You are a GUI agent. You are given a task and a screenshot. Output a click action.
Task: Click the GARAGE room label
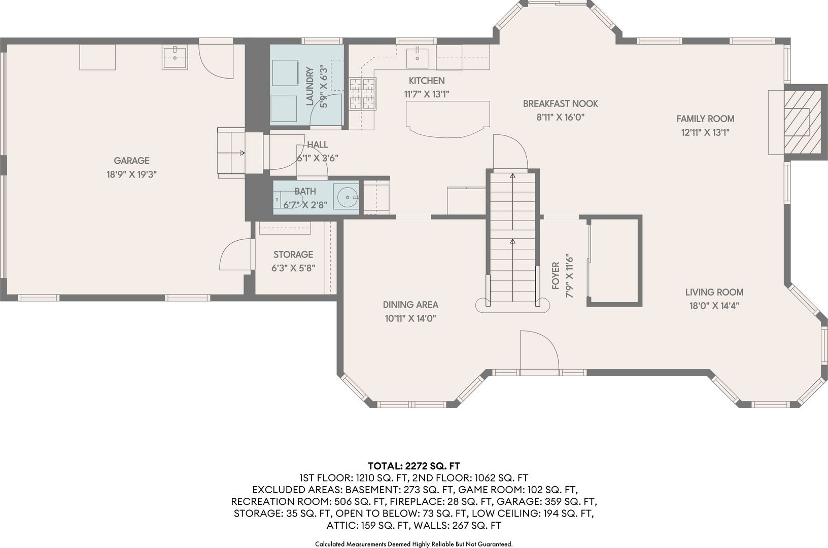(x=131, y=161)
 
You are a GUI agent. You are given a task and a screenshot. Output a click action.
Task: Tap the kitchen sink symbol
(x=418, y=58)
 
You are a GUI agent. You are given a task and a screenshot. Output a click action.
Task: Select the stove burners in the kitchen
(x=362, y=94)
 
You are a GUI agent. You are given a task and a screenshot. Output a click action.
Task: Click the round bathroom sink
(x=347, y=197)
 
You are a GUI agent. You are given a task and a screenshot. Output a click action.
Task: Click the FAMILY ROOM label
(x=705, y=119)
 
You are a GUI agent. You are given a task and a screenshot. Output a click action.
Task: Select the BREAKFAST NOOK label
(x=561, y=104)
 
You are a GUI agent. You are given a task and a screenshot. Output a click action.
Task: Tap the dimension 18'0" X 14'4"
(x=714, y=306)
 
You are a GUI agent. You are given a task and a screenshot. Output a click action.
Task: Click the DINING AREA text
(x=410, y=305)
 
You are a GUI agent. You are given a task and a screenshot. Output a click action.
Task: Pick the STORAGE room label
(x=293, y=254)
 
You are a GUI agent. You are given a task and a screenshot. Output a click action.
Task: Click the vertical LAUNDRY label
(x=310, y=86)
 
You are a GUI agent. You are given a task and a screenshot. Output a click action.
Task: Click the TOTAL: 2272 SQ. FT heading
(x=414, y=466)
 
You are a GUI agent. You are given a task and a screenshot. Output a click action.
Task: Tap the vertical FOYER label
(x=555, y=276)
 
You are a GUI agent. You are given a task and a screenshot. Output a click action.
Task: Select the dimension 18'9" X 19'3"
(x=131, y=174)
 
